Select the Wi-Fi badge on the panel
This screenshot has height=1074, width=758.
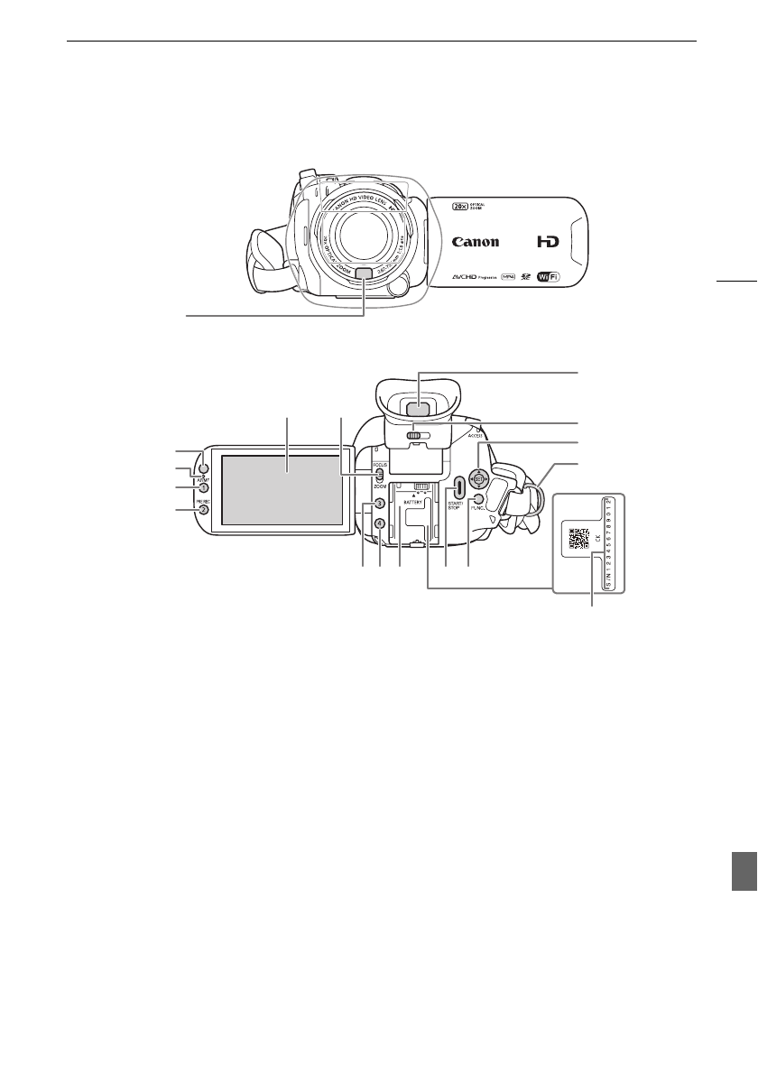547,278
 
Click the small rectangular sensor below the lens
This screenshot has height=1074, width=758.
364,274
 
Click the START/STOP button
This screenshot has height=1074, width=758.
459,488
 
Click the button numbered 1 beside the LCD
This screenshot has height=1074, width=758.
205,488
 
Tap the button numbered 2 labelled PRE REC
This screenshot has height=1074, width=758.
205,510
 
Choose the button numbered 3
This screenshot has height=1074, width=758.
380,504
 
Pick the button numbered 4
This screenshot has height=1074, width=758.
380,523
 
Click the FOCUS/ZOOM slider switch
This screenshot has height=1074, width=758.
380,475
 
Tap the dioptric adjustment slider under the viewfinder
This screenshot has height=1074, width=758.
418,435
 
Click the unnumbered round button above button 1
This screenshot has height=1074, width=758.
204,468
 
